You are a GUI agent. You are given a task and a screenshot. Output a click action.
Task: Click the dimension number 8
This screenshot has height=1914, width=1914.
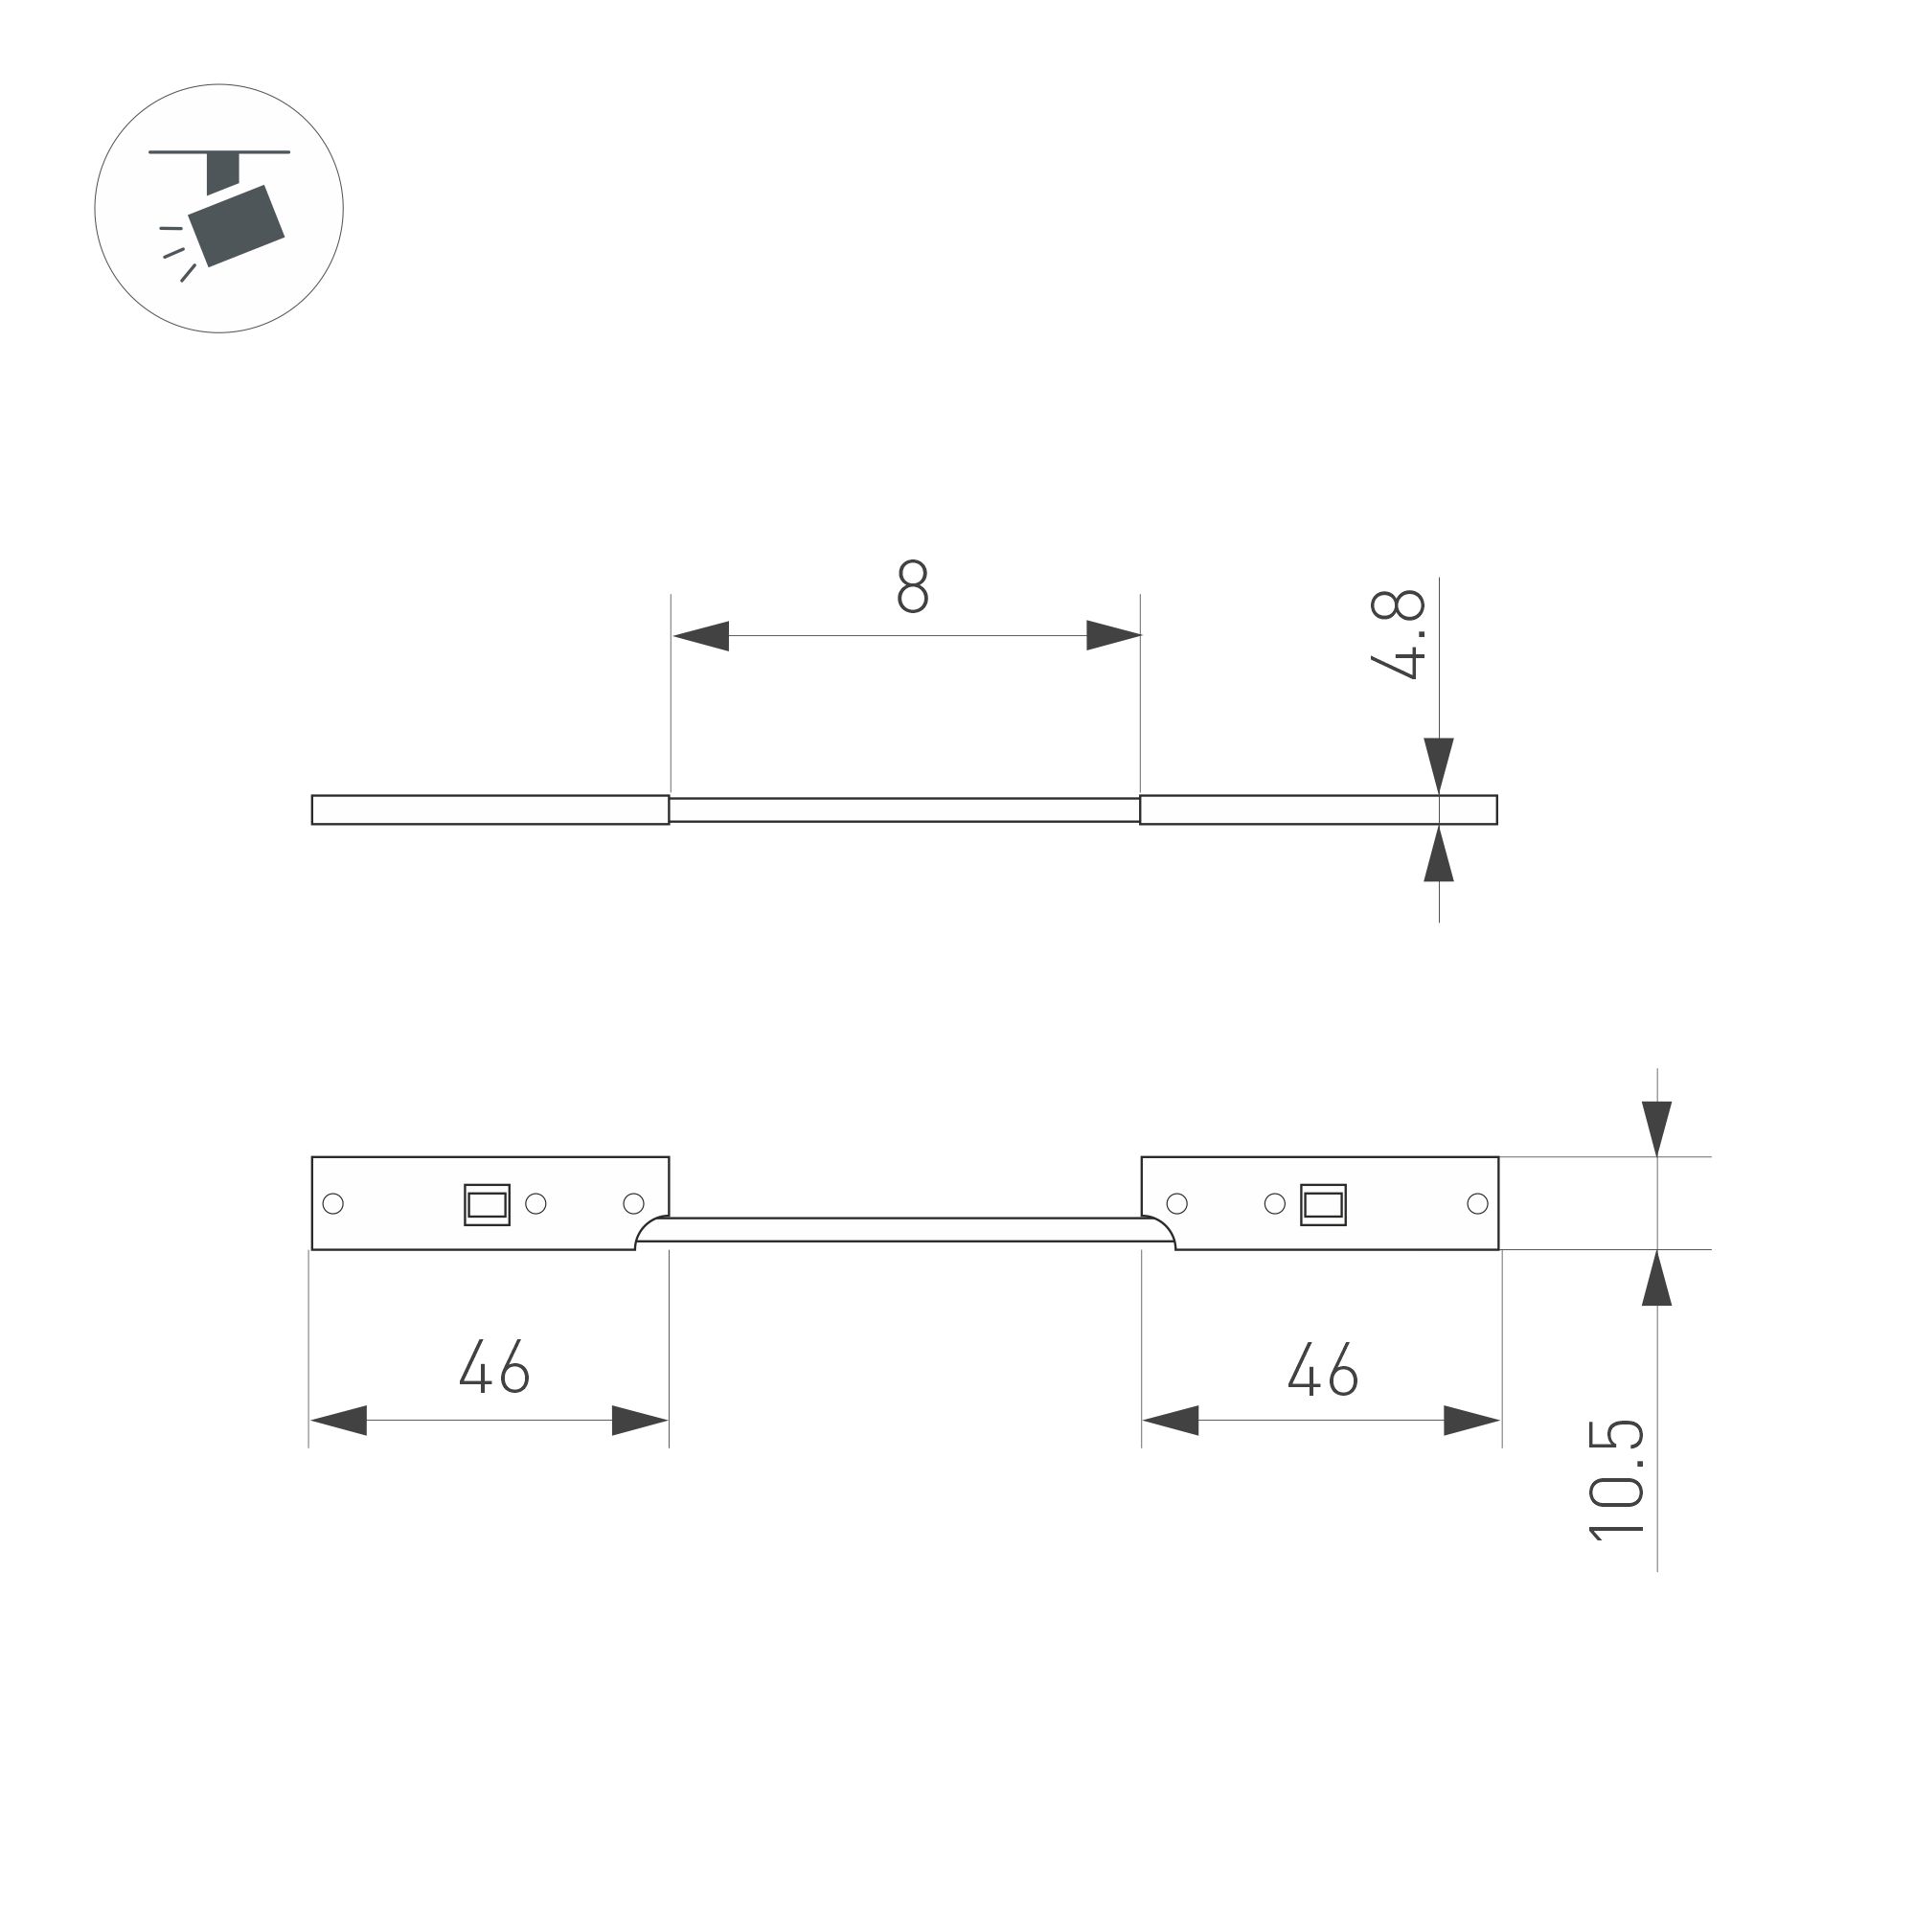(x=911, y=586)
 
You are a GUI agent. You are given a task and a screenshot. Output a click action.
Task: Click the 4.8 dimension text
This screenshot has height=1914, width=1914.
(x=1398, y=634)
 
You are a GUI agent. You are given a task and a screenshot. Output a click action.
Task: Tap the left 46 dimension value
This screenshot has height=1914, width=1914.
(x=494, y=1368)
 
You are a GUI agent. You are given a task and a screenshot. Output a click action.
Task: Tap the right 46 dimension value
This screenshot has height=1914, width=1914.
(x=1323, y=1370)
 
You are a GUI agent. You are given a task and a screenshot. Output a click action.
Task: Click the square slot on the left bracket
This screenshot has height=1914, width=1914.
(x=487, y=1205)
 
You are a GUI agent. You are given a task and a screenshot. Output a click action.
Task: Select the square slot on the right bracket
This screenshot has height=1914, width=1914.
(x=1323, y=1205)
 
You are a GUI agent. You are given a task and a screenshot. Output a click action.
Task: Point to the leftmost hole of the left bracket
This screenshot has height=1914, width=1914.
(x=334, y=1204)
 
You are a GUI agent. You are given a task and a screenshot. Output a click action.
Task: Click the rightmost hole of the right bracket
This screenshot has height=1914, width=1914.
(x=1477, y=1204)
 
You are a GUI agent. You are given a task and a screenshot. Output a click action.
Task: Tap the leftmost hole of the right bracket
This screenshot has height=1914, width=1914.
(x=1177, y=1204)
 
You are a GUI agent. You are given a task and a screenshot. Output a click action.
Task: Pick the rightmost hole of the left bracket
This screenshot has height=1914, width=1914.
(x=634, y=1204)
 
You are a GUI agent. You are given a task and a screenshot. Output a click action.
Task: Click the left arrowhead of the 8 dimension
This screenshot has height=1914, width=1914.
(x=700, y=636)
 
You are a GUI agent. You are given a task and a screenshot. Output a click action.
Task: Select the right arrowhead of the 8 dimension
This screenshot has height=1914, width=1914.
(x=1113, y=636)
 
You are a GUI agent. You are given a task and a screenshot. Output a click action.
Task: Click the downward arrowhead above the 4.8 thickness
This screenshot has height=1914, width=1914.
(x=1439, y=764)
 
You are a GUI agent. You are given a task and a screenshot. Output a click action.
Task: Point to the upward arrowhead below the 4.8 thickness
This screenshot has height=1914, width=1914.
(x=1439, y=854)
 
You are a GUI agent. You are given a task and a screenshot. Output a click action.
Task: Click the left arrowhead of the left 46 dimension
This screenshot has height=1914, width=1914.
(x=339, y=1421)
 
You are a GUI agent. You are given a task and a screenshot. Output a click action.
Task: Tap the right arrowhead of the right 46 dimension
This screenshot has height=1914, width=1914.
(x=1471, y=1421)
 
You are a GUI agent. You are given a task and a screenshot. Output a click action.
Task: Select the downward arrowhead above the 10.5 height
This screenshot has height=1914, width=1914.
(x=1656, y=1128)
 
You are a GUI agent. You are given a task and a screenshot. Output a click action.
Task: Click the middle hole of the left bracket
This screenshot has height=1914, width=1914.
(x=535, y=1204)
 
